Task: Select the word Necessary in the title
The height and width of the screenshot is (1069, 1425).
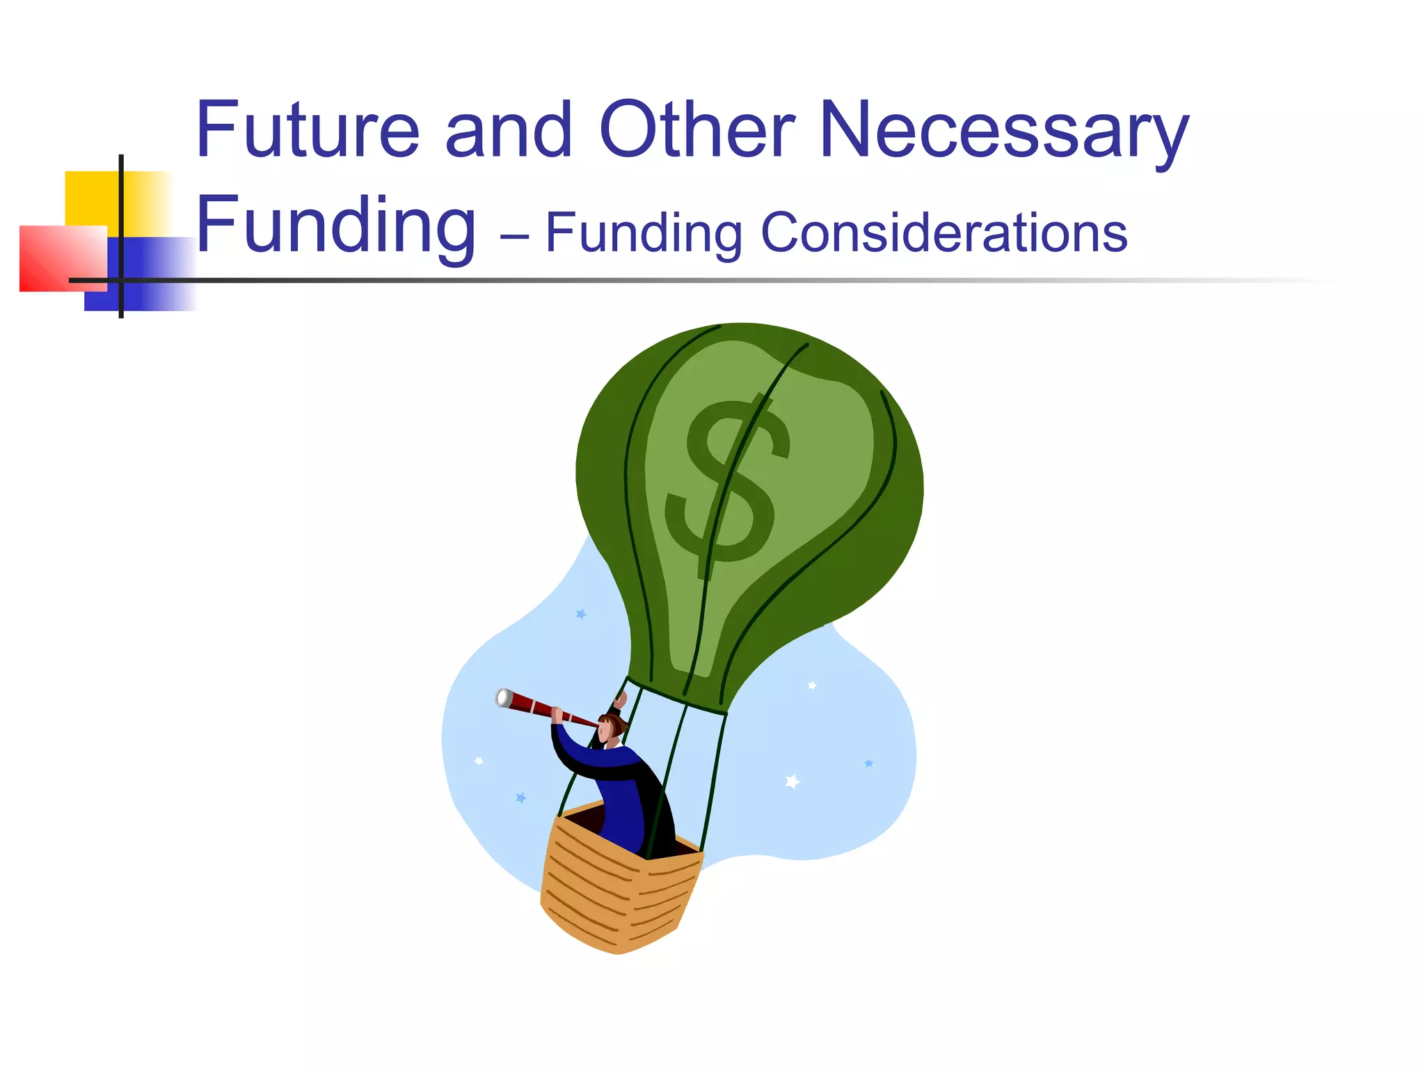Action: [1005, 132]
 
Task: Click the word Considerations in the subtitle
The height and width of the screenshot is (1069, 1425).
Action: [944, 232]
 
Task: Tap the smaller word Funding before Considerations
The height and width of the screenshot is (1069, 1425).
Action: [644, 234]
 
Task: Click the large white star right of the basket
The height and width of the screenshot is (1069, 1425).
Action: [792, 782]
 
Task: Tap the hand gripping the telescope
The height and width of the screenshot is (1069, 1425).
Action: [557, 714]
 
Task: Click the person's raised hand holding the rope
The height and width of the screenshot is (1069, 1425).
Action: [620, 698]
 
